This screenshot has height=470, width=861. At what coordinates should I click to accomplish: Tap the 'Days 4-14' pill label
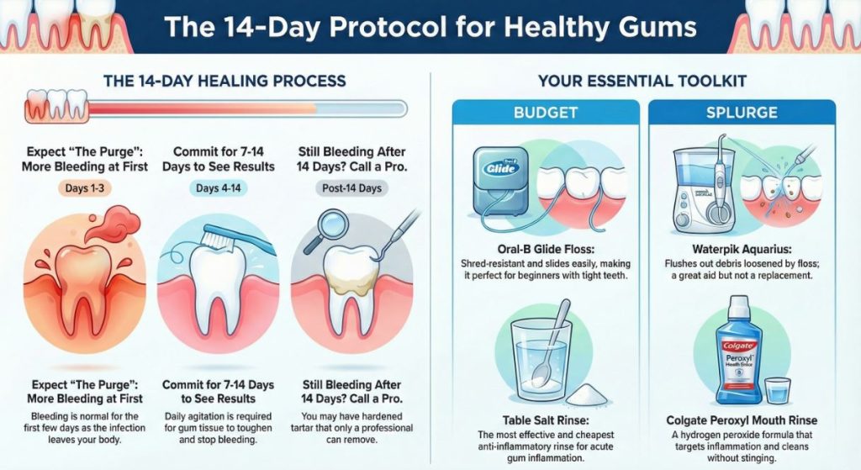(x=219, y=188)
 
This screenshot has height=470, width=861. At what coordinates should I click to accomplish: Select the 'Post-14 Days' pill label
(x=351, y=188)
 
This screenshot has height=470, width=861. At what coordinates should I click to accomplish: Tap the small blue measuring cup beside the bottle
(x=779, y=390)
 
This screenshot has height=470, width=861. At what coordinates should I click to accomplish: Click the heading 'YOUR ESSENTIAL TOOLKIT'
(x=644, y=82)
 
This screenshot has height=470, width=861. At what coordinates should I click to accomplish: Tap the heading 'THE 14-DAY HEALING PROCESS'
(x=224, y=82)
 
